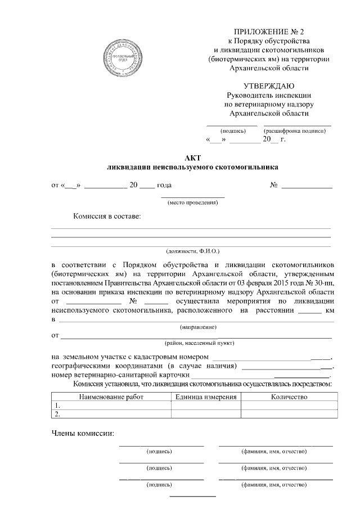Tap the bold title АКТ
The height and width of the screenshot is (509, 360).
pos(192,158)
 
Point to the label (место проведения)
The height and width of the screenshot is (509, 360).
pos(192,202)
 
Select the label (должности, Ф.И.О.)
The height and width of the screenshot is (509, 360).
pos(192,251)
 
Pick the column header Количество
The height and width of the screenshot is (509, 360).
pos(289,397)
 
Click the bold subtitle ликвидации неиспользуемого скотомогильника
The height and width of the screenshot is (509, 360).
pos(192,168)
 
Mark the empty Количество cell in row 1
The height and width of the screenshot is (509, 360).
pos(289,406)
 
